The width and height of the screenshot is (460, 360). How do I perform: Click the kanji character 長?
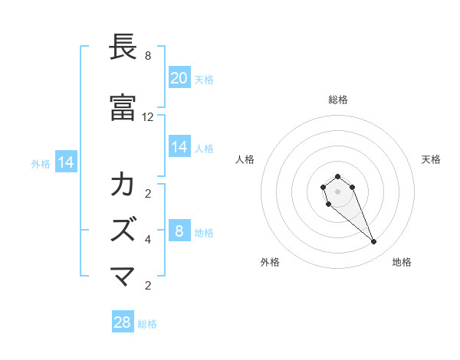[123, 47]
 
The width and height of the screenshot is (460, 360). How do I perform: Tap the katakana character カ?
[123, 185]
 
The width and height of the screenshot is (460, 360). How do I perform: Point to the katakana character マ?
[123, 276]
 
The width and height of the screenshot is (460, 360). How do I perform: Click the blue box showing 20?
[179, 77]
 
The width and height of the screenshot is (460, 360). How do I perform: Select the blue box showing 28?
[123, 322]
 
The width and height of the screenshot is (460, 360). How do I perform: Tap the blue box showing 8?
[179, 231]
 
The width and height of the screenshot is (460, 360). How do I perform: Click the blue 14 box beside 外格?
[65, 162]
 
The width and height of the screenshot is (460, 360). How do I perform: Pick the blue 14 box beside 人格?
[179, 147]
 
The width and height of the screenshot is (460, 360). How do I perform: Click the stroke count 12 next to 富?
[148, 117]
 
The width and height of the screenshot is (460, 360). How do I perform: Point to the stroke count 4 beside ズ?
[148, 240]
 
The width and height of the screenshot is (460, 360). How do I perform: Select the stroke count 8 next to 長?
[148, 56]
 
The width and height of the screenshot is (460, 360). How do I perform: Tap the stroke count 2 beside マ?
[148, 286]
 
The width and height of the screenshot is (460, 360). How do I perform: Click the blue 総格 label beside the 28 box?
[147, 324]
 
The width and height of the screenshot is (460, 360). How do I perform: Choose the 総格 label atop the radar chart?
[337, 100]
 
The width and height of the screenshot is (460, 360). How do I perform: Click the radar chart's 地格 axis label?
[402, 262]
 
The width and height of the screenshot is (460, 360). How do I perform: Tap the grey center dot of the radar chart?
[337, 191]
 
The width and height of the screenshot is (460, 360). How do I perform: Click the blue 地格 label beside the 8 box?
[204, 233]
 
